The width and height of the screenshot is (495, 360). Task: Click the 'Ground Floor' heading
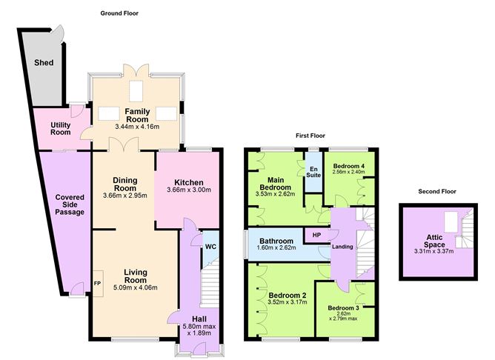click(x=120, y=13)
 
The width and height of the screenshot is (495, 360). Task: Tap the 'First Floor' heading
click(x=310, y=136)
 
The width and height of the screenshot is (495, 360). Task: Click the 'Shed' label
click(x=44, y=62)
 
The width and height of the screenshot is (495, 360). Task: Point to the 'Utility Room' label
click(x=61, y=129)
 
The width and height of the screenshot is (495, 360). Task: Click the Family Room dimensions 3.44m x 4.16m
click(x=137, y=127)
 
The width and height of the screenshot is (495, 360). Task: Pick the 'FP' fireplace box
click(x=96, y=283)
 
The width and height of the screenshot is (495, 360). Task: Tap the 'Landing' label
click(x=342, y=247)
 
